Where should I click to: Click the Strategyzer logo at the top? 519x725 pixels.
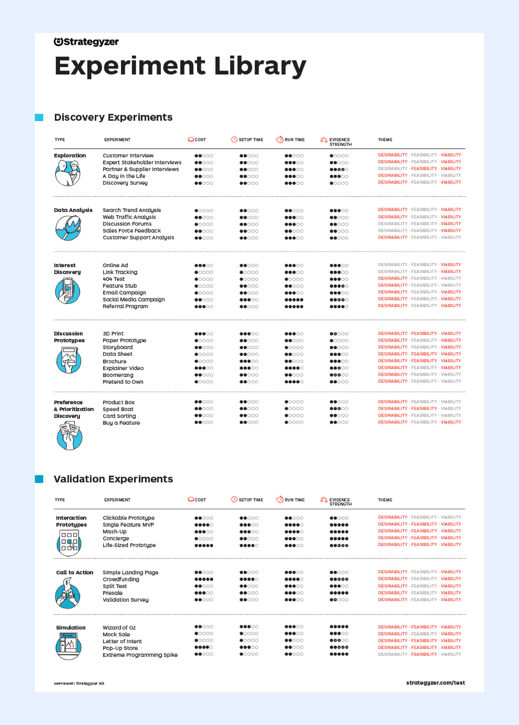tap(86, 42)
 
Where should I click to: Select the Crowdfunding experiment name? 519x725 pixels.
tap(121, 579)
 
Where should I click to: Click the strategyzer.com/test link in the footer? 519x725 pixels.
tap(435, 683)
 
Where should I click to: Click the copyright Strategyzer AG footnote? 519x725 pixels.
tap(79, 683)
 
